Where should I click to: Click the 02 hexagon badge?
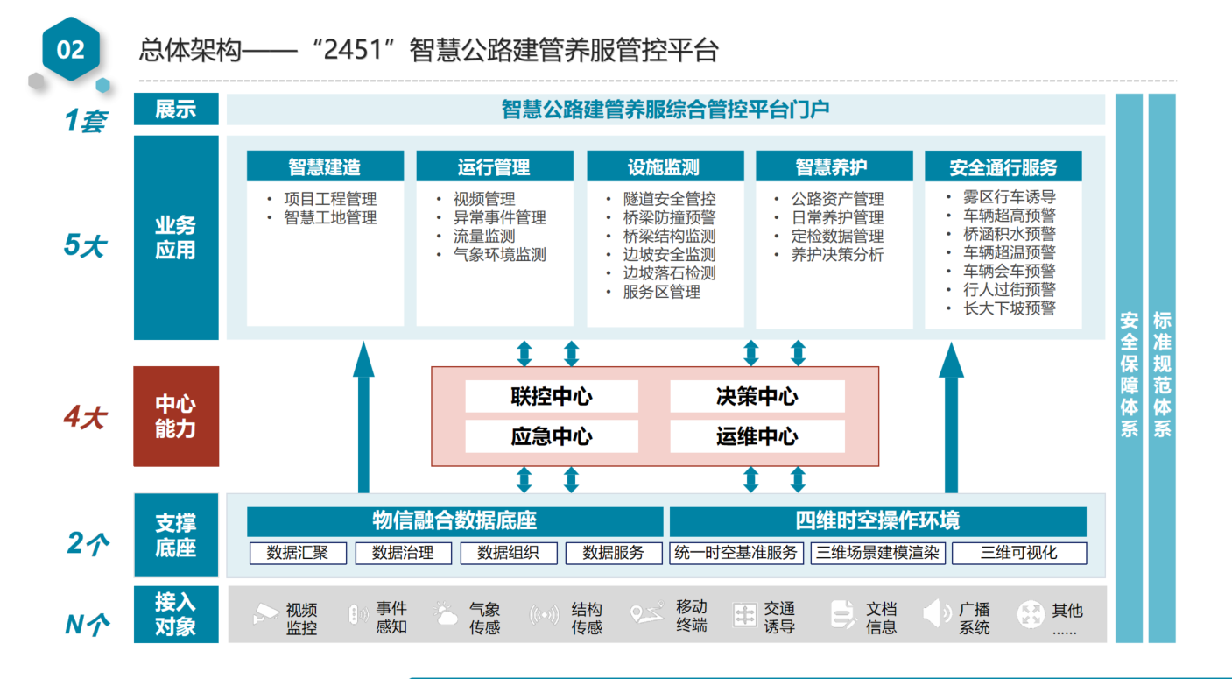click(70, 49)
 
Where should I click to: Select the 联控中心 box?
click(552, 397)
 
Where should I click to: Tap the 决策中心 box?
click(757, 397)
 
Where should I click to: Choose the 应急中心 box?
click(552, 436)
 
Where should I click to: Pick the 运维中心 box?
click(757, 436)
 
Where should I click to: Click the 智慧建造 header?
click(325, 166)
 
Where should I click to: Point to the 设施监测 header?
click(664, 166)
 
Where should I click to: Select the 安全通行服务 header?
click(1003, 166)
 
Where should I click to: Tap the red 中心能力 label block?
click(176, 416)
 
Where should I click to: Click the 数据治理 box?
click(403, 553)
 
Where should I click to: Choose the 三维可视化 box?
click(1018, 553)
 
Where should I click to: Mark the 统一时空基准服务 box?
click(736, 553)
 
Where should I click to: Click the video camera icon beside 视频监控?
click(266, 614)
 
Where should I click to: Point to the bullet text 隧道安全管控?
click(669, 199)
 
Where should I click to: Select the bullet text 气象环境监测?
click(499, 254)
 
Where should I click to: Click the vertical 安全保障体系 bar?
click(1129, 368)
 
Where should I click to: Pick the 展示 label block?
click(176, 110)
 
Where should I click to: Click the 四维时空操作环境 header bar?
click(877, 521)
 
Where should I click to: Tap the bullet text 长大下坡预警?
click(1009, 308)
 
